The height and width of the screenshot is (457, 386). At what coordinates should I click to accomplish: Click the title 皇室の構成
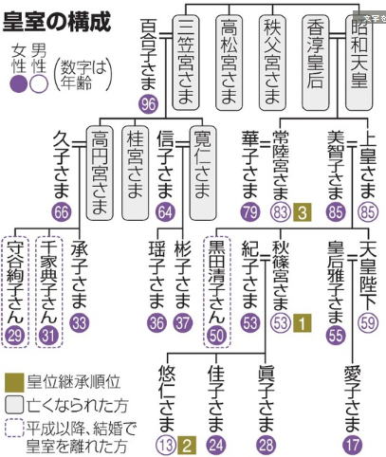[57, 22]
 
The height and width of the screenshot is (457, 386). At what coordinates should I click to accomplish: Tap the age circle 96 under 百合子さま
[148, 104]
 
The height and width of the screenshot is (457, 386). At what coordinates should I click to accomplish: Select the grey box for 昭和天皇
[358, 64]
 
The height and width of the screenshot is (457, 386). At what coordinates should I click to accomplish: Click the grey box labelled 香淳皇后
[315, 64]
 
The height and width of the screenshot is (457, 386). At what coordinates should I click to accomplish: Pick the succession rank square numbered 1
[302, 323]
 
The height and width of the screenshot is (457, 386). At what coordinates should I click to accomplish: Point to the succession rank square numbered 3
[302, 211]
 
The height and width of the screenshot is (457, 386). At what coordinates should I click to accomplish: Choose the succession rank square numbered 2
[187, 445]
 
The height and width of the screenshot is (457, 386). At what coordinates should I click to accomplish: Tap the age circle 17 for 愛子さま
[352, 445]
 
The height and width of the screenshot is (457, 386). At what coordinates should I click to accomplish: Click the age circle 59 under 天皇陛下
[368, 323]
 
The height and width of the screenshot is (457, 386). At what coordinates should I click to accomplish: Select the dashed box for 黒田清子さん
[216, 292]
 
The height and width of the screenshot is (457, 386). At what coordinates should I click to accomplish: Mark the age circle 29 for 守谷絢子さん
[15, 336]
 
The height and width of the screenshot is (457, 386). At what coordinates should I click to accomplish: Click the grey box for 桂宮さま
[135, 173]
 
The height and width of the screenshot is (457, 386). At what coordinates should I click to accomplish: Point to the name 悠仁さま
[167, 399]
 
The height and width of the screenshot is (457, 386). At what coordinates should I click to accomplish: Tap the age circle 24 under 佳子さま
[216, 445]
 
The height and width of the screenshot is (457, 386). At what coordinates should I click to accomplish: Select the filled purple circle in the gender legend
[19, 85]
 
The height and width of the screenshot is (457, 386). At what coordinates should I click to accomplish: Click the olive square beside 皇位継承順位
[14, 382]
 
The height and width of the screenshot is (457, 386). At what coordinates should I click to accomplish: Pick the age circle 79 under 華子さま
[250, 211]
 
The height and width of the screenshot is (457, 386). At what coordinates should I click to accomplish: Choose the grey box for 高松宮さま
[229, 63]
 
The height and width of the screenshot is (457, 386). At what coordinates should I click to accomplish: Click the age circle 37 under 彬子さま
[183, 323]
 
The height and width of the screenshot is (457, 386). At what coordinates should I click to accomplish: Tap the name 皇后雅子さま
[336, 282]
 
